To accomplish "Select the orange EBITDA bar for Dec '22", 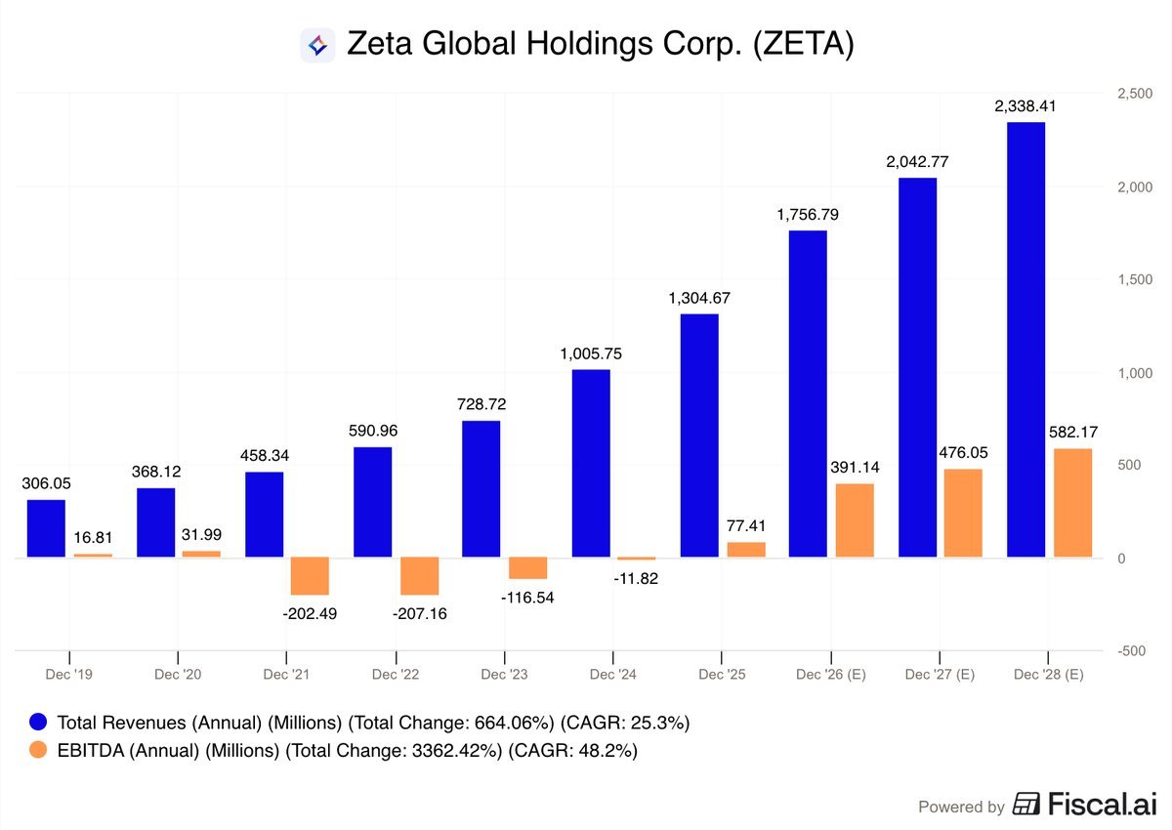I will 420,576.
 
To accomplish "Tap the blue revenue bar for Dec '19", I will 46,528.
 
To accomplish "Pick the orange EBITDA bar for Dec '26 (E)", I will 855,520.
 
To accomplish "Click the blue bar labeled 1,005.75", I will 591,464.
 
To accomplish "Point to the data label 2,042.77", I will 917,162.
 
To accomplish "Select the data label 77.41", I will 746,525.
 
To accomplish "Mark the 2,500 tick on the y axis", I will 1133,93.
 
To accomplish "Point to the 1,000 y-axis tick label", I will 1133,373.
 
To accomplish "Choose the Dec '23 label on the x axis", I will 504,675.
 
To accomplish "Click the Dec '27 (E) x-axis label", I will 939,675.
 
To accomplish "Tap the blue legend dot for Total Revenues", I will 38,723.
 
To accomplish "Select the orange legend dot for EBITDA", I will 38,750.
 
